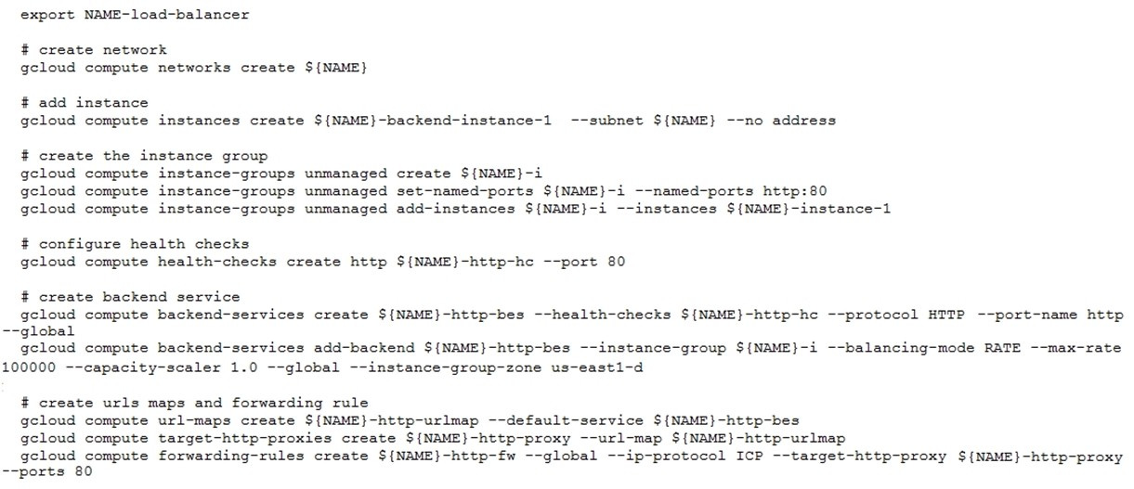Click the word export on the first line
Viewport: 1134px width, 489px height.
click(47, 15)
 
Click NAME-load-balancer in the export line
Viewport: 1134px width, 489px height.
click(166, 15)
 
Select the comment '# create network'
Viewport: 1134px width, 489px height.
click(94, 50)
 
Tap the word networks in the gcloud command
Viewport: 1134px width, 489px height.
click(194, 68)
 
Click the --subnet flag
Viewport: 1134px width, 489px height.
click(607, 121)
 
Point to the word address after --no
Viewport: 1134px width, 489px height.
click(804, 121)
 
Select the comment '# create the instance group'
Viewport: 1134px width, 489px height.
click(144, 156)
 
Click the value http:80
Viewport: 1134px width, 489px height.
click(795, 191)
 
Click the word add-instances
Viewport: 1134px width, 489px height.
click(456, 209)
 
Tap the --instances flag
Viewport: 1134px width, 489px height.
click(667, 209)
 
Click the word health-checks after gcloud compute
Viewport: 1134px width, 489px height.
click(217, 262)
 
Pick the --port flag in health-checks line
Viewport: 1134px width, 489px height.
click(570, 262)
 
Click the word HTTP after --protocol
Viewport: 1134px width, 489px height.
click(946, 315)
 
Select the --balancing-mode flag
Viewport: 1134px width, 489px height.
click(900, 348)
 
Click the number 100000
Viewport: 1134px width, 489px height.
click(29, 367)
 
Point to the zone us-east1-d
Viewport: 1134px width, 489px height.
click(597, 367)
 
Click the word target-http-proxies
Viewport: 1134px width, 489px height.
click(244, 439)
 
